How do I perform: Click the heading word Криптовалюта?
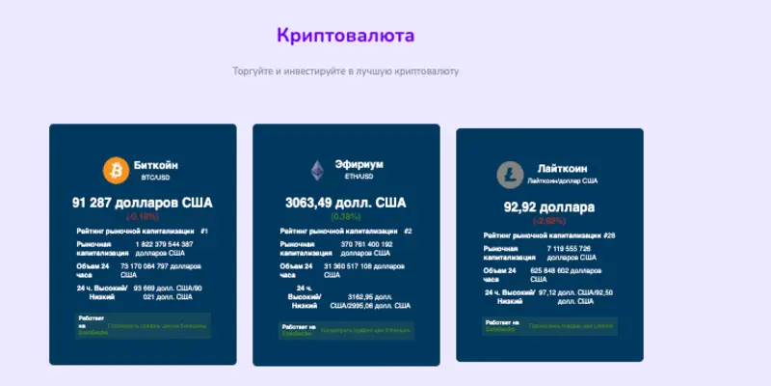click(x=345, y=36)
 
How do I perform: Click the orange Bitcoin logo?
click(x=116, y=171)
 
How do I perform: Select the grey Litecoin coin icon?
click(x=508, y=175)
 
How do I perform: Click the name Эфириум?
click(x=359, y=165)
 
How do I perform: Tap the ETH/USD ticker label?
click(x=359, y=178)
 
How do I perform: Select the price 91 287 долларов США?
click(x=142, y=203)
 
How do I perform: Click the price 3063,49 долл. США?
click(x=345, y=203)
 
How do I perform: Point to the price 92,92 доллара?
click(x=549, y=207)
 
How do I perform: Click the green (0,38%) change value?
click(x=345, y=216)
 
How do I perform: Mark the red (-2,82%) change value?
click(x=548, y=220)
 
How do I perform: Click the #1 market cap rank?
click(x=204, y=232)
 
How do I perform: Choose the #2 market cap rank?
click(x=408, y=232)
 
